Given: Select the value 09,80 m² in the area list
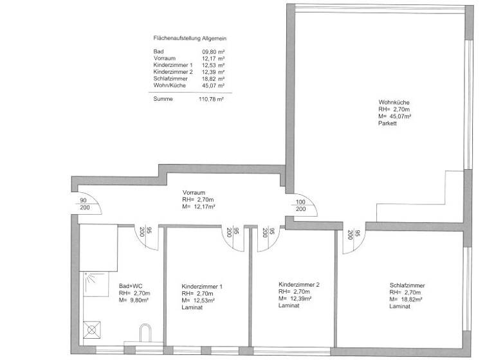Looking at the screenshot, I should [x=212, y=51].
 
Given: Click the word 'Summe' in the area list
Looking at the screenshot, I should [x=163, y=99].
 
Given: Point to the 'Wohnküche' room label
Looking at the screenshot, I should [x=394, y=103].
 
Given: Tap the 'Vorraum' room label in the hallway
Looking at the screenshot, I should [x=194, y=193].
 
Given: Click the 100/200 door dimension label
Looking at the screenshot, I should [x=300, y=205].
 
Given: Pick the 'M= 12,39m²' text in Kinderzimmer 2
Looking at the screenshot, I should [x=295, y=299].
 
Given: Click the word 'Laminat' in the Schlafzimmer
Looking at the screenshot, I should [x=399, y=307].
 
